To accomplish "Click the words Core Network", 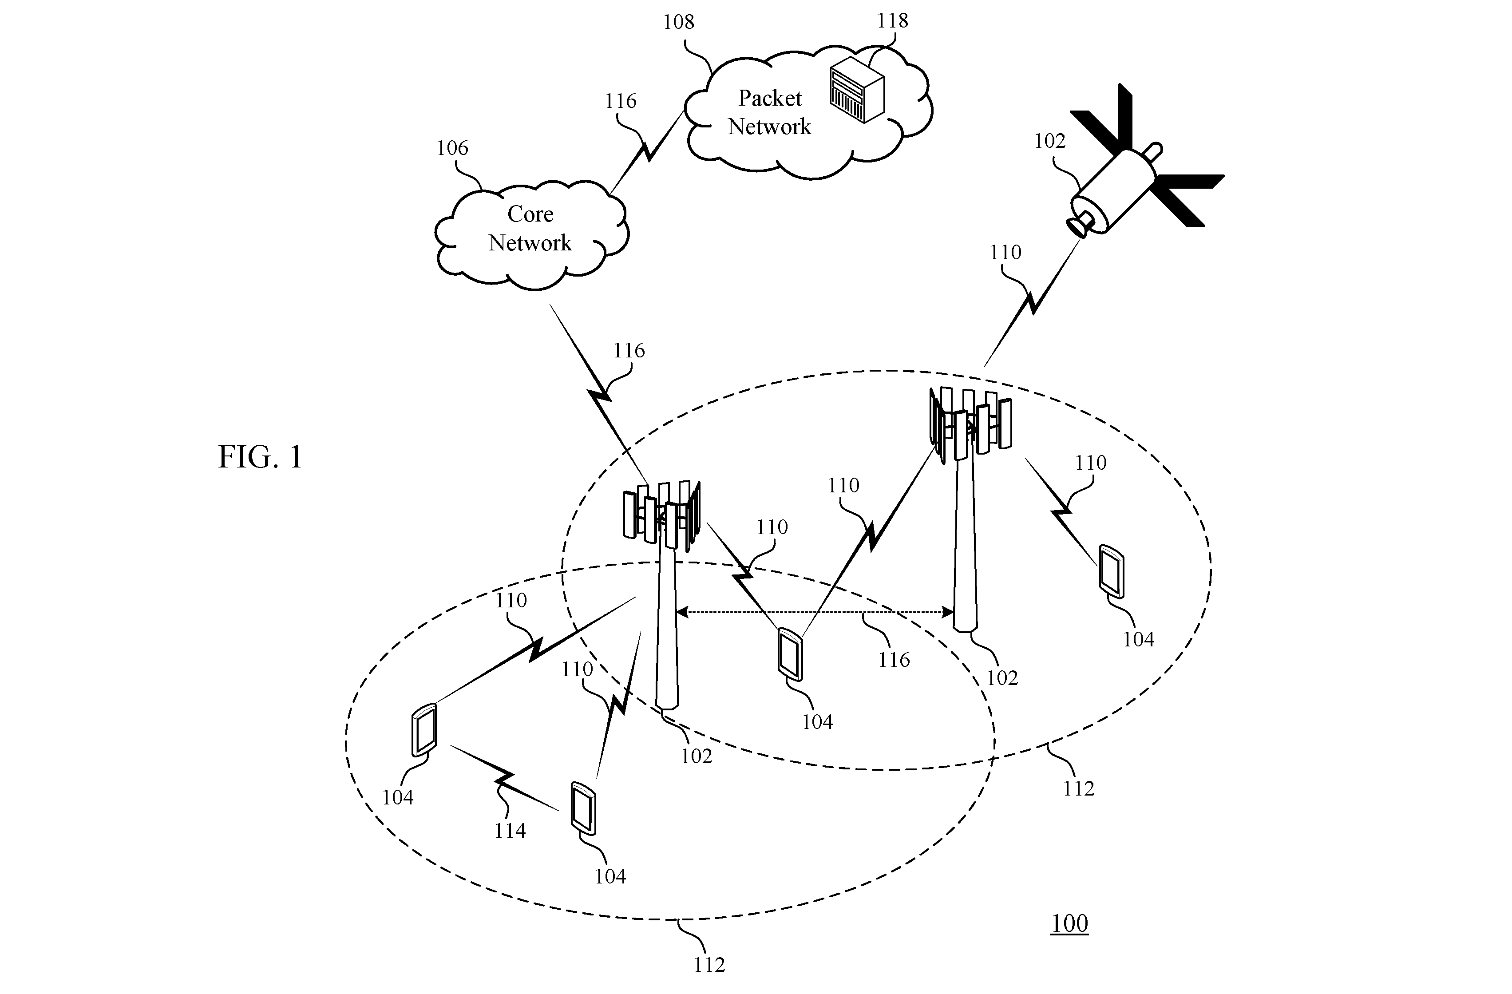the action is tap(530, 228).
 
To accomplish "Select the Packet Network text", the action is tap(769, 112).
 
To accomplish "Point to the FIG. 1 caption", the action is tap(260, 457).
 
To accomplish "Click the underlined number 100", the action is tap(1069, 923).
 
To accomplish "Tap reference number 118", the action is tap(893, 21).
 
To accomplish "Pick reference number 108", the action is tap(678, 22).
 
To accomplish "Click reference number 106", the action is tap(452, 148).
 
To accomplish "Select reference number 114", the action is tap(510, 830).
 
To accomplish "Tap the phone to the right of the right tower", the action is tap(1112, 571).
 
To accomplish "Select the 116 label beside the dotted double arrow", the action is tap(894, 660).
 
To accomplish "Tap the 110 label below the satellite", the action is tap(1005, 252).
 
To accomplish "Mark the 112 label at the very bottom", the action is tap(709, 965).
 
